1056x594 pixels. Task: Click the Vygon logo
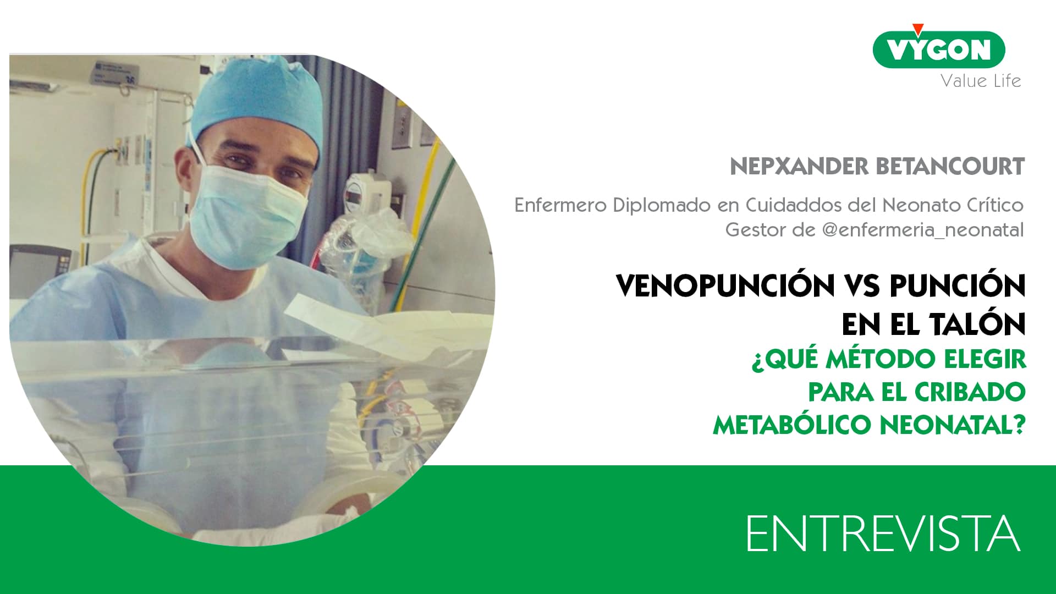coord(939,50)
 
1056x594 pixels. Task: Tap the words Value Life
coord(981,81)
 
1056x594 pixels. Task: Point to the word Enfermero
coord(560,205)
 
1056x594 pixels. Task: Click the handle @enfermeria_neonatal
coord(922,229)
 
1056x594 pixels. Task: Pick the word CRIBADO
coord(970,392)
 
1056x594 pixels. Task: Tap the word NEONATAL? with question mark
coord(953,425)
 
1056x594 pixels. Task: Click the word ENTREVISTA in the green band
coord(883,533)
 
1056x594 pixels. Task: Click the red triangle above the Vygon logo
coord(917,30)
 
